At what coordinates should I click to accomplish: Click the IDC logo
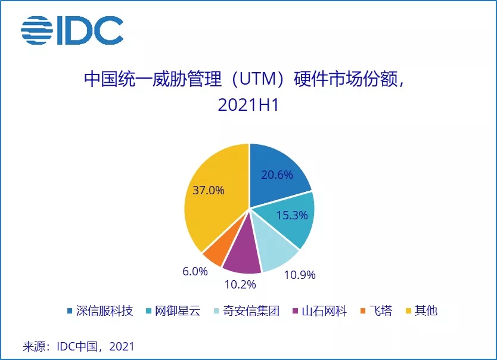pos(72,30)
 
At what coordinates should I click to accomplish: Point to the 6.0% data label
pos(195,271)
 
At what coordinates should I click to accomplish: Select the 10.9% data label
pos(298,275)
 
